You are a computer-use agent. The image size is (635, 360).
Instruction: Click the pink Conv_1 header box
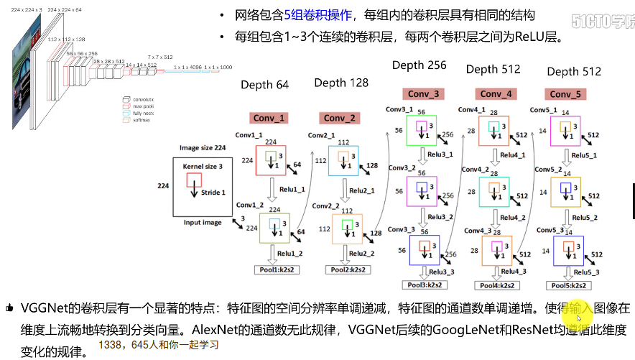pos(269,118)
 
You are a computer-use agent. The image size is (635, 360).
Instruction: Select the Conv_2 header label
pos(340,118)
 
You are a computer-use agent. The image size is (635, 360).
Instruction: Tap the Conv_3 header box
pos(425,94)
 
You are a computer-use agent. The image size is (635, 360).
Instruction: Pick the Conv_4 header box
pos(496,94)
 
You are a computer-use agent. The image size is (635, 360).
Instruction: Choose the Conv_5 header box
pos(565,94)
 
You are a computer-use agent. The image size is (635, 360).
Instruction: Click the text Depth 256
pos(419,65)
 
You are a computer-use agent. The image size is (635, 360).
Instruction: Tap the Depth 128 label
pos(341,83)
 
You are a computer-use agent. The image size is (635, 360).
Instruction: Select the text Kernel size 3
pos(203,167)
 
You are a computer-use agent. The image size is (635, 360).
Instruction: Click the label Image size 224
pos(203,148)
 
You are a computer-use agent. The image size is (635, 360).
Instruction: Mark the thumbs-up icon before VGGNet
pos(9,308)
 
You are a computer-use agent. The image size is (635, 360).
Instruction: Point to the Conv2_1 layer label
pos(321,135)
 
